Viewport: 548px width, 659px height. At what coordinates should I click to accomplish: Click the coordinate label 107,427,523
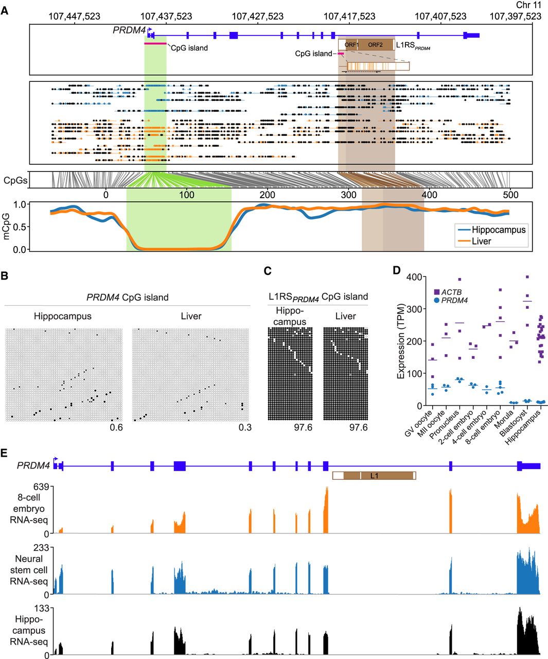257,16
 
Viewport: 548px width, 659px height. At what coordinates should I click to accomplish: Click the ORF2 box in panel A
375,45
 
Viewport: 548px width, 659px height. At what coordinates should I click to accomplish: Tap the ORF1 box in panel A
351,45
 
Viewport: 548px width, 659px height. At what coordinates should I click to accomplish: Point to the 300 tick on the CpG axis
348,195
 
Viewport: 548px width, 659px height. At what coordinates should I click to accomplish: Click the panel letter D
397,270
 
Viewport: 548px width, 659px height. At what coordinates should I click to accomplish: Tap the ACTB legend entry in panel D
451,292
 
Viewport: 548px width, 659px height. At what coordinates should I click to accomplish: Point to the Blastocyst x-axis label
516,425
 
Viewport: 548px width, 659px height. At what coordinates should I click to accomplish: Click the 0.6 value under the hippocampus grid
116,427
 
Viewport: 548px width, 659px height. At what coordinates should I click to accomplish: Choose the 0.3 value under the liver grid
245,427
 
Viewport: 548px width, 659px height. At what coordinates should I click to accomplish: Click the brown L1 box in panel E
374,476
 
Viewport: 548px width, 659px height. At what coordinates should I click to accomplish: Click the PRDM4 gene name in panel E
33,465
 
